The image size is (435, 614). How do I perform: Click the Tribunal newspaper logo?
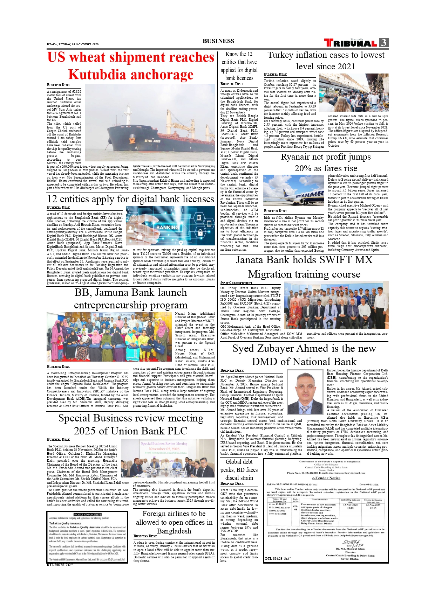pos(351,43)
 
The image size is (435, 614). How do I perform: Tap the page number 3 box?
pos(384,43)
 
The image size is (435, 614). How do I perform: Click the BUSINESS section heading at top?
pos(218,41)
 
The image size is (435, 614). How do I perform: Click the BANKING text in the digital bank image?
pos(167,228)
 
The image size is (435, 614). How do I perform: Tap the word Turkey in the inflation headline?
pos(280,55)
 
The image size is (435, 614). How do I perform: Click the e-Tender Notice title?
pos(326,478)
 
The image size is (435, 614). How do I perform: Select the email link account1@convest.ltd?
pos(112,559)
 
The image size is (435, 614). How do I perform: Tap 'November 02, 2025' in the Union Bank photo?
pos(164,448)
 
